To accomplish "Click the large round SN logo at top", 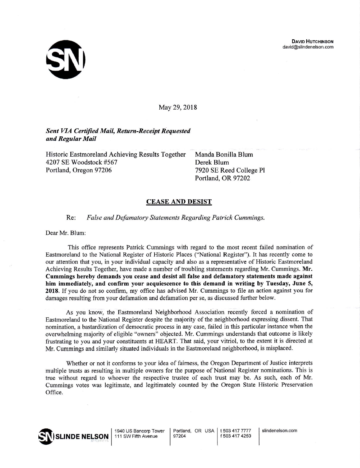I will (x=66, y=60).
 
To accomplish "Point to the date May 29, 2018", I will (x=178, y=107).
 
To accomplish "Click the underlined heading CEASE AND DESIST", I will (x=179, y=202).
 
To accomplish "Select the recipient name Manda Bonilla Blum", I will (x=224, y=154).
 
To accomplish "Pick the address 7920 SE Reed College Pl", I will (x=230, y=170).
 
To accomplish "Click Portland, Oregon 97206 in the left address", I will (x=79, y=170).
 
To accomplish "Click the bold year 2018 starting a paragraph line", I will (x=51, y=289).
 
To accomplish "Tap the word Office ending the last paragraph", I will (x=54, y=392).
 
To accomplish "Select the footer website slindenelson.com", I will (x=280, y=431).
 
